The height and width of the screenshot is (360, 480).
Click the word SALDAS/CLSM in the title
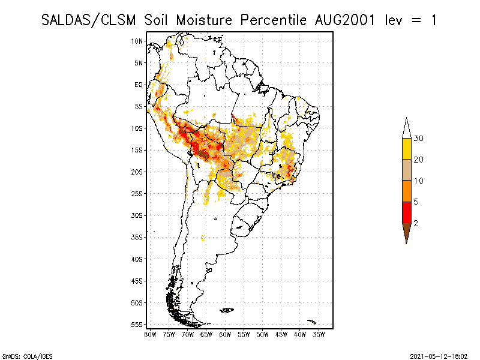pyautogui.click(x=91, y=20)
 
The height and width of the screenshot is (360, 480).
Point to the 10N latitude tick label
pyautogui.click(x=137, y=41)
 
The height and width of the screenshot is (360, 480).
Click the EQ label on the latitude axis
pyautogui.click(x=139, y=85)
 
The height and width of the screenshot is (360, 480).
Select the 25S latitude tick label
pyautogui.click(x=137, y=193)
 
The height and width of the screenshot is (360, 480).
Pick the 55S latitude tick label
pyautogui.click(x=137, y=324)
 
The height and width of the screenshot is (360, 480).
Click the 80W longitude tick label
pyautogui.click(x=150, y=334)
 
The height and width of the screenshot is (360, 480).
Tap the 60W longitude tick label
pyautogui.click(x=225, y=334)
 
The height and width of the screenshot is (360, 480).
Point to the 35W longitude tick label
pyautogui.click(x=319, y=334)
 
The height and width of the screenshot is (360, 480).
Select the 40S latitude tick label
pyautogui.click(x=137, y=259)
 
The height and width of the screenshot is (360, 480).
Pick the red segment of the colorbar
pyautogui.click(x=406, y=212)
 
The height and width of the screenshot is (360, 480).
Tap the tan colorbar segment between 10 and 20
pyautogui.click(x=406, y=170)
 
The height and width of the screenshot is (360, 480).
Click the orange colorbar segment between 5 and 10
pyautogui.click(x=406, y=191)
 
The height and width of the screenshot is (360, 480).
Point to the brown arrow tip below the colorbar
pyautogui.click(x=406, y=233)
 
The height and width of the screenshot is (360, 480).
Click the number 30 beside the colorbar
pyautogui.click(x=419, y=139)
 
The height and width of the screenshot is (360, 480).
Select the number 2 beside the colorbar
pyautogui.click(x=416, y=223)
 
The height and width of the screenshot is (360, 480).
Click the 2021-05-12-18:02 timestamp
pyautogui.click(x=439, y=356)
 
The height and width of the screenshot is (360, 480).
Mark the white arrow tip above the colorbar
pyautogui.click(x=406, y=127)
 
